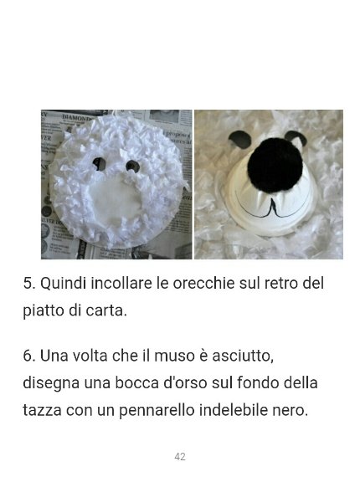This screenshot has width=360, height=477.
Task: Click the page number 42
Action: pos(180,456)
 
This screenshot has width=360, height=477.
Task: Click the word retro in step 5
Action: pos(280,284)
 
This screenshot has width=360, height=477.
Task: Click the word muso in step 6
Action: pos(174,356)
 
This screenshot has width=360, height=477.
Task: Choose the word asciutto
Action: pos(243,356)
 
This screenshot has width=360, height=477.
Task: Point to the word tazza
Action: pos(42,410)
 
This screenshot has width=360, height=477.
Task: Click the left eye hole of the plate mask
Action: pos(99,164)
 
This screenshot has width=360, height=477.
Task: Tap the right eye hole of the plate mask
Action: pos(132,166)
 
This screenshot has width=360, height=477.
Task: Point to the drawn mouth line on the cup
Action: pos(273,209)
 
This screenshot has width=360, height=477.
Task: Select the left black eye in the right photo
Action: pos(240,139)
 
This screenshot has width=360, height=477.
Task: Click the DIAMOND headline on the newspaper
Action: pos(77,117)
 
